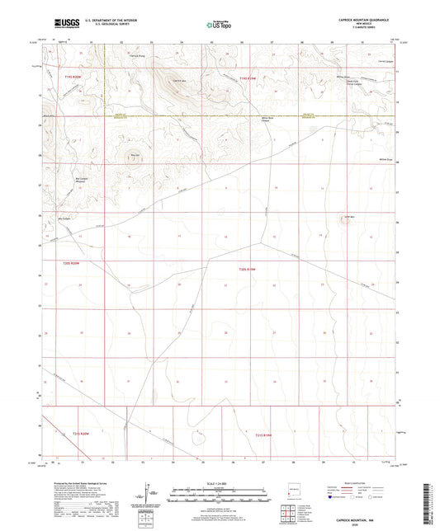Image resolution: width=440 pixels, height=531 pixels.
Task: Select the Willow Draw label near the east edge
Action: click(x=384, y=160)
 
